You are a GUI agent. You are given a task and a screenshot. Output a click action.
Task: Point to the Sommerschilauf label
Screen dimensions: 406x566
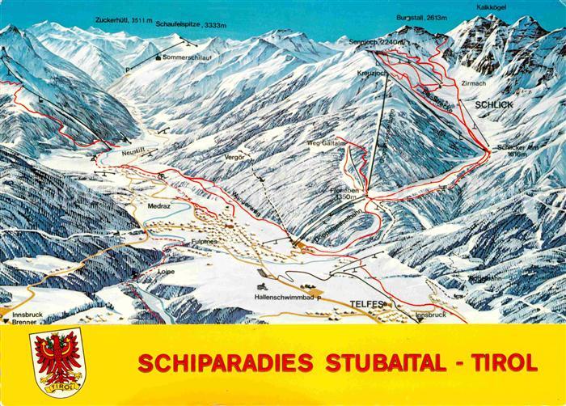click(x=189, y=57)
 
